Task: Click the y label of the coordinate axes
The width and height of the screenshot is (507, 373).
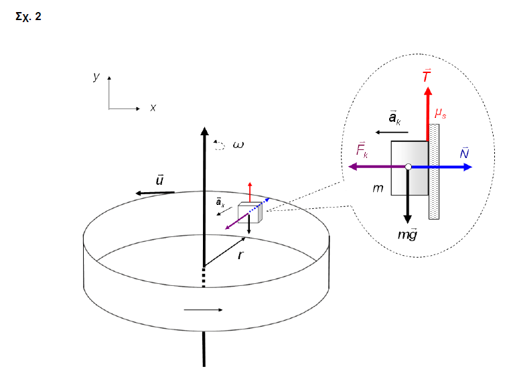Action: click(96, 77)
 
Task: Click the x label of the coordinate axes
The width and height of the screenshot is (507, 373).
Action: click(153, 107)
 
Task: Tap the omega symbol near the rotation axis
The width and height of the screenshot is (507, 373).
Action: click(238, 144)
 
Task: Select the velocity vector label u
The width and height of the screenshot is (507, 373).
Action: click(160, 180)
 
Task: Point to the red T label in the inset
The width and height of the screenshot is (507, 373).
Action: click(427, 76)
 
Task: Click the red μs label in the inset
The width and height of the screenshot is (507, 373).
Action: click(440, 113)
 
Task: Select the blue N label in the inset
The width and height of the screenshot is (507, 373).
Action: click(464, 153)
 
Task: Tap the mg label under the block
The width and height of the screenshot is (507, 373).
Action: click(407, 234)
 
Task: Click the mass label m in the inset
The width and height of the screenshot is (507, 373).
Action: click(378, 189)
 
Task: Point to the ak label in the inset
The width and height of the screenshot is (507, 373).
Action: click(395, 119)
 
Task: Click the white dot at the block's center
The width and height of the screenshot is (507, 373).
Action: click(408, 167)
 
